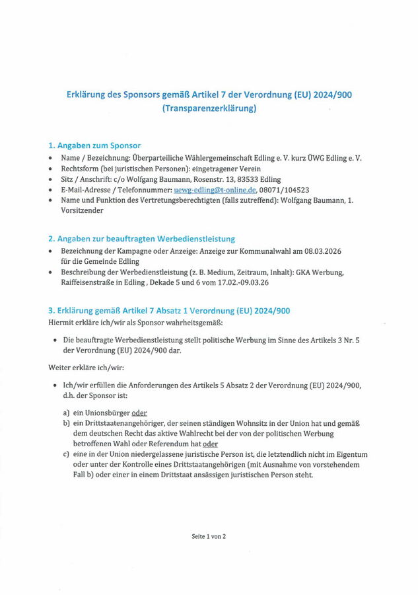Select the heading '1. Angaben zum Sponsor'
click(94, 145)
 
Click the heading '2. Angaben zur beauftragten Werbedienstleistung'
click(142, 239)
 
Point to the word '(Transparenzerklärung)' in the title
click(209, 108)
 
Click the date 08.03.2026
click(320, 252)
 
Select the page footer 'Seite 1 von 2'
click(209, 536)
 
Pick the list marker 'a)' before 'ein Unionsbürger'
click(67, 413)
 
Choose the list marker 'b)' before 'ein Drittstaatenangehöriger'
click(67, 423)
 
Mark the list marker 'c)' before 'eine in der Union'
click(67, 454)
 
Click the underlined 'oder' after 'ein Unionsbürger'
click(139, 413)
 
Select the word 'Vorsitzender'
click(83, 210)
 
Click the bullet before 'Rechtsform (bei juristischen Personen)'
click(52, 169)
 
